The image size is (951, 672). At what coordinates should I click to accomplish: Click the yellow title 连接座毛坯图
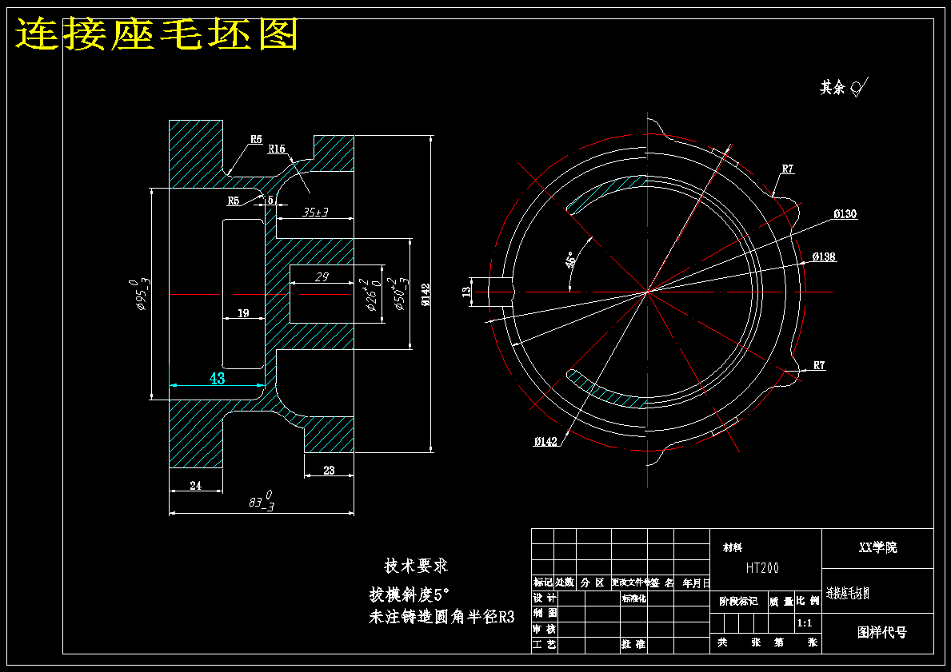coord(157,34)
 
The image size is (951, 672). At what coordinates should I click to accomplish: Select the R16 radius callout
coord(277,149)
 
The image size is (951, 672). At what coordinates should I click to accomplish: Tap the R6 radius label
coord(256,139)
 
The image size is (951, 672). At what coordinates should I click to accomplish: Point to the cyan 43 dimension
coord(218,379)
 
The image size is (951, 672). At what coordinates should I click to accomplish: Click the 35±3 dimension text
coord(316,213)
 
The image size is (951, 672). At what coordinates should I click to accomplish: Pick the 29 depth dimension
coord(322,276)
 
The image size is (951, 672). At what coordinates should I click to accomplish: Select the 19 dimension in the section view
coord(243,312)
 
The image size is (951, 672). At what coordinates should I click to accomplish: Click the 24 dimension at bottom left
coord(195,484)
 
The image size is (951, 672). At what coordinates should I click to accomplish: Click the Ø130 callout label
coord(845,214)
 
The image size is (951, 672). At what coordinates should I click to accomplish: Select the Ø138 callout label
coord(824,256)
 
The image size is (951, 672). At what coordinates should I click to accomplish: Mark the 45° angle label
coord(569,260)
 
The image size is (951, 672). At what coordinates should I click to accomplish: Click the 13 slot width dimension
coord(466,292)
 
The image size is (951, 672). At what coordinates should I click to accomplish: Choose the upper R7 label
coord(787,169)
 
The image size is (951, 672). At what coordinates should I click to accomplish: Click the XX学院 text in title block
coord(877,547)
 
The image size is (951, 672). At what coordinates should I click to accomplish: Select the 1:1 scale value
coord(805,622)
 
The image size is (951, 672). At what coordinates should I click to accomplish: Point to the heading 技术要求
coord(416,566)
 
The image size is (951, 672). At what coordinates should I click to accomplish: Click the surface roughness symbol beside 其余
coord(859,87)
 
